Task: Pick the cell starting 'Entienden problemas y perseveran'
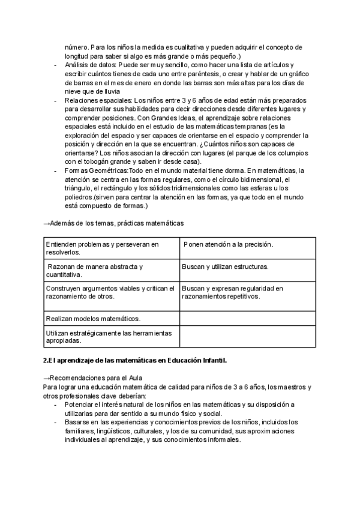[111, 248]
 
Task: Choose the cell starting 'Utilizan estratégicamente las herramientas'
[111, 336]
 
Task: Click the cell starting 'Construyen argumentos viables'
[111, 292]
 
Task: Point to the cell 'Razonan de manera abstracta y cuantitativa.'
[111, 270]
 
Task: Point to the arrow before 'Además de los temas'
[46, 223]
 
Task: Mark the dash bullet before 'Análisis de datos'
[56, 64]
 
